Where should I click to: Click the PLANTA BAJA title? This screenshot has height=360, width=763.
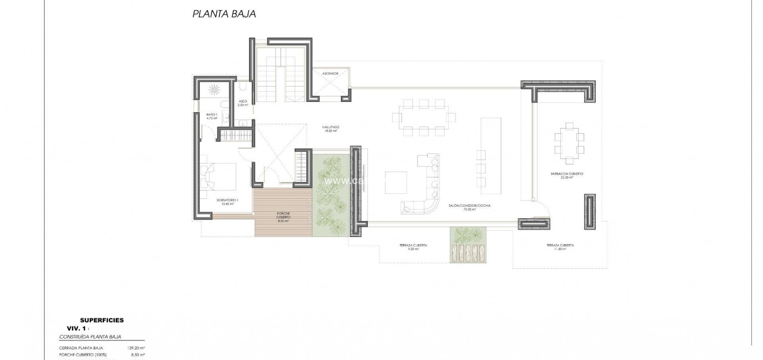tap(224, 14)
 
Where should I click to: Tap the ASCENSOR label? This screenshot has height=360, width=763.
tap(330, 74)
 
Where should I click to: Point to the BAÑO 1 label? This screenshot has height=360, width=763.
tap(212, 116)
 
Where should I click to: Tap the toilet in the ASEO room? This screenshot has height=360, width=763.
tap(243, 88)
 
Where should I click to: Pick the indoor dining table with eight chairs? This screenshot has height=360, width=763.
tap(423, 118)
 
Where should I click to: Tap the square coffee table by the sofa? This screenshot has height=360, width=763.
tap(396, 183)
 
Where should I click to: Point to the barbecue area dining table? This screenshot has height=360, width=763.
tap(569, 143)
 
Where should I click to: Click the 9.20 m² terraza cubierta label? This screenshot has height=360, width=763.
tap(413, 247)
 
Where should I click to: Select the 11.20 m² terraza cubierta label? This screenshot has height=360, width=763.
tap(560, 247)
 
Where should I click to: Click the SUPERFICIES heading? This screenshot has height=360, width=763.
tap(102, 320)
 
